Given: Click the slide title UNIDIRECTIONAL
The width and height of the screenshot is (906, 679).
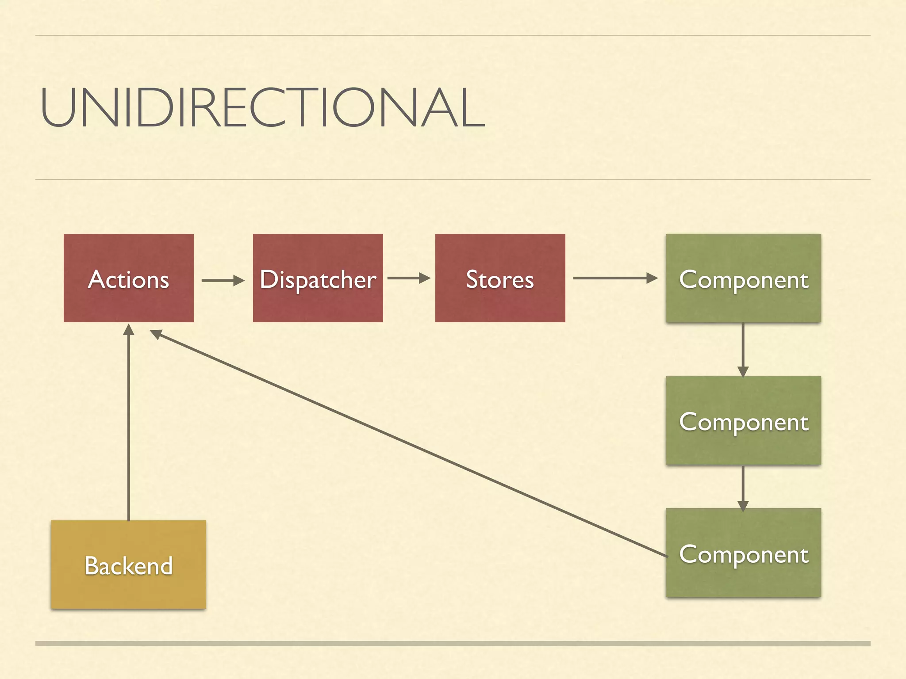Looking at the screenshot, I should (263, 107).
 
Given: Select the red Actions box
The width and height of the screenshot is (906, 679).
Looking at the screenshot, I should (128, 278).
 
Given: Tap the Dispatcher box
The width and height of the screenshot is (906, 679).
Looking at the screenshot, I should (318, 278).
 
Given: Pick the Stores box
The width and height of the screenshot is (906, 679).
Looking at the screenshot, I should (500, 278).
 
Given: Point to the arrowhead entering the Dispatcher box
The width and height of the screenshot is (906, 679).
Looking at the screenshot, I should (239, 280).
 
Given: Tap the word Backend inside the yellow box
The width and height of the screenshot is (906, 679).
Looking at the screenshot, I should (128, 566).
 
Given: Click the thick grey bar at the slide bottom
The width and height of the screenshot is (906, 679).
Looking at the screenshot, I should (453, 644).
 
